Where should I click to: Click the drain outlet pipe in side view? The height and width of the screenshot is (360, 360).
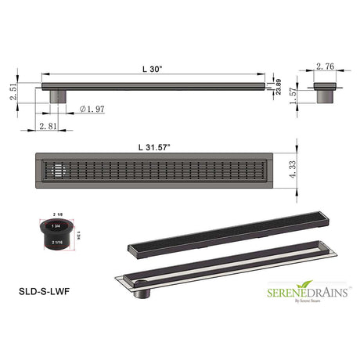coord(58,95)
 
